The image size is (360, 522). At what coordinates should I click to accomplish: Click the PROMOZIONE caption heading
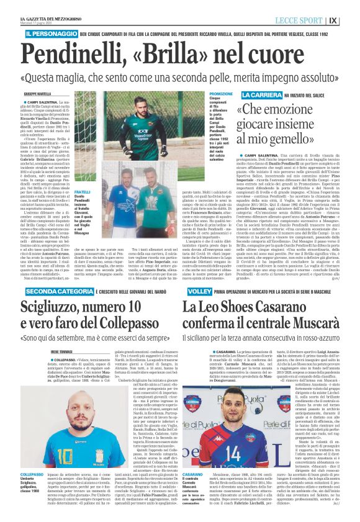pos(222,94)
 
